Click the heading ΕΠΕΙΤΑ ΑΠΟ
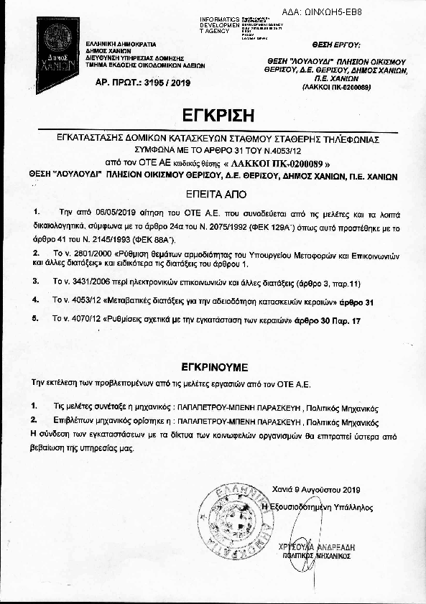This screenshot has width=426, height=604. (213, 194)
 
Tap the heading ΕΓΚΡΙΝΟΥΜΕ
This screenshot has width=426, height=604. (213, 365)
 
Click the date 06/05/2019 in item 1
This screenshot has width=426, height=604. (95, 214)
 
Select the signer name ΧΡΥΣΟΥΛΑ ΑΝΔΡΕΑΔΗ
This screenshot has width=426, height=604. (313, 547)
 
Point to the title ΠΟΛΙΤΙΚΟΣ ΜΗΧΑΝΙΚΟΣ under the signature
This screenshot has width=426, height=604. (315, 555)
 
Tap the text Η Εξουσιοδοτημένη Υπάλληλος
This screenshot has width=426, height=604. (317, 506)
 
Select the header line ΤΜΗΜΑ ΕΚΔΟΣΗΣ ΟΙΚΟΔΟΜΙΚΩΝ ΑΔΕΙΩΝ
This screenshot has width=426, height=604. (144, 65)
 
